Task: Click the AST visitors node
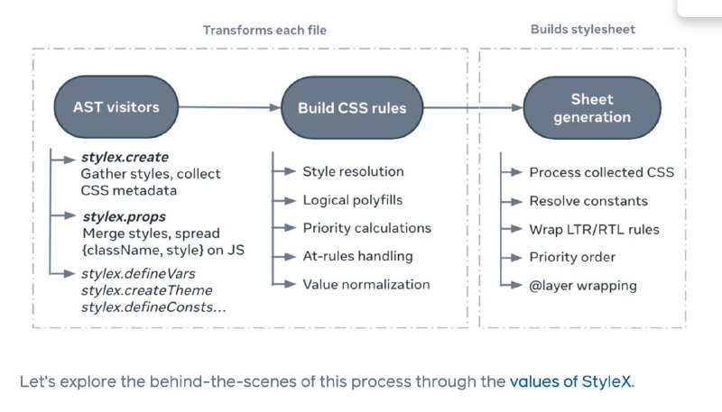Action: pos(116,107)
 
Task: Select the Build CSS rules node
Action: pos(352,107)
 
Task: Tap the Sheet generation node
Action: pos(592,107)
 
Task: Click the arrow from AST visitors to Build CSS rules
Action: pos(230,107)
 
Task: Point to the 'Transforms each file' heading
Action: pos(264,31)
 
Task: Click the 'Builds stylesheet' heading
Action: pos(583,30)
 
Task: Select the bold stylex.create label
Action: pos(125,157)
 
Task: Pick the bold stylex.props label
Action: pos(125,216)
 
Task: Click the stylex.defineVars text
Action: pos(138,273)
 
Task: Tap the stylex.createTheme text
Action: pos(147,290)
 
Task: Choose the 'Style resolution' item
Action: pos(353,171)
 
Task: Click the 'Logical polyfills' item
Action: pos(353,200)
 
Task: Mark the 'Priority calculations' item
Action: pos(367,228)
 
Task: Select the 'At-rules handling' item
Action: pos(357,256)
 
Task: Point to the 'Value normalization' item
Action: pos(366,284)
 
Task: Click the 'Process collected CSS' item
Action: pos(601,172)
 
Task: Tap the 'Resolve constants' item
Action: pos(588,201)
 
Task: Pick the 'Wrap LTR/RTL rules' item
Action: pos(594,230)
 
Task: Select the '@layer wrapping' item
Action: pos(583,286)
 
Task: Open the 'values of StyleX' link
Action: pos(571,381)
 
